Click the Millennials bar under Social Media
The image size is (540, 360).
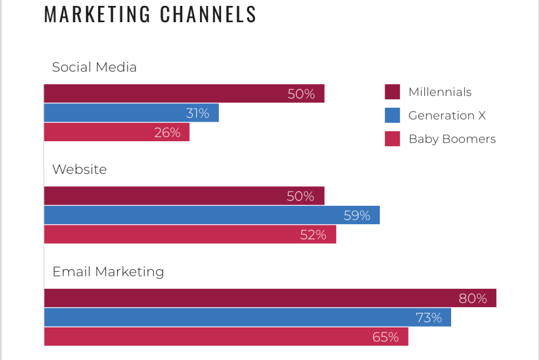(184, 93)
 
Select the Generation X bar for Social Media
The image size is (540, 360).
(131, 113)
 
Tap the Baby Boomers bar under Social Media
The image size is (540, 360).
(116, 133)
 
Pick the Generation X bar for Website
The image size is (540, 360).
(212, 215)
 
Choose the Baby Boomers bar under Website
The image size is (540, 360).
(190, 235)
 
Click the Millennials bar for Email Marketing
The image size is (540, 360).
(270, 298)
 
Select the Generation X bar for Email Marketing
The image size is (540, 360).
(247, 318)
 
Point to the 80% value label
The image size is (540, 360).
(473, 299)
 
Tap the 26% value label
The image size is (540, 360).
(167, 133)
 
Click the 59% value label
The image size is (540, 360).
(357, 215)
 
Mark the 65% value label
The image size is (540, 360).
(385, 337)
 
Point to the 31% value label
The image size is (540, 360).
(197, 113)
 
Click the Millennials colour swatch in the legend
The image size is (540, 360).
(392, 92)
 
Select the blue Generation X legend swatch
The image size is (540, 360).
(392, 116)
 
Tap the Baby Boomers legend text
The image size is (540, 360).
(452, 139)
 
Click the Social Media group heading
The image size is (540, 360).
(94, 67)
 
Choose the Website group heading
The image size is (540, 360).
(79, 169)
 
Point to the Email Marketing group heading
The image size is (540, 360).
(108, 272)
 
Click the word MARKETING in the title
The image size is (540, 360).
(97, 14)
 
